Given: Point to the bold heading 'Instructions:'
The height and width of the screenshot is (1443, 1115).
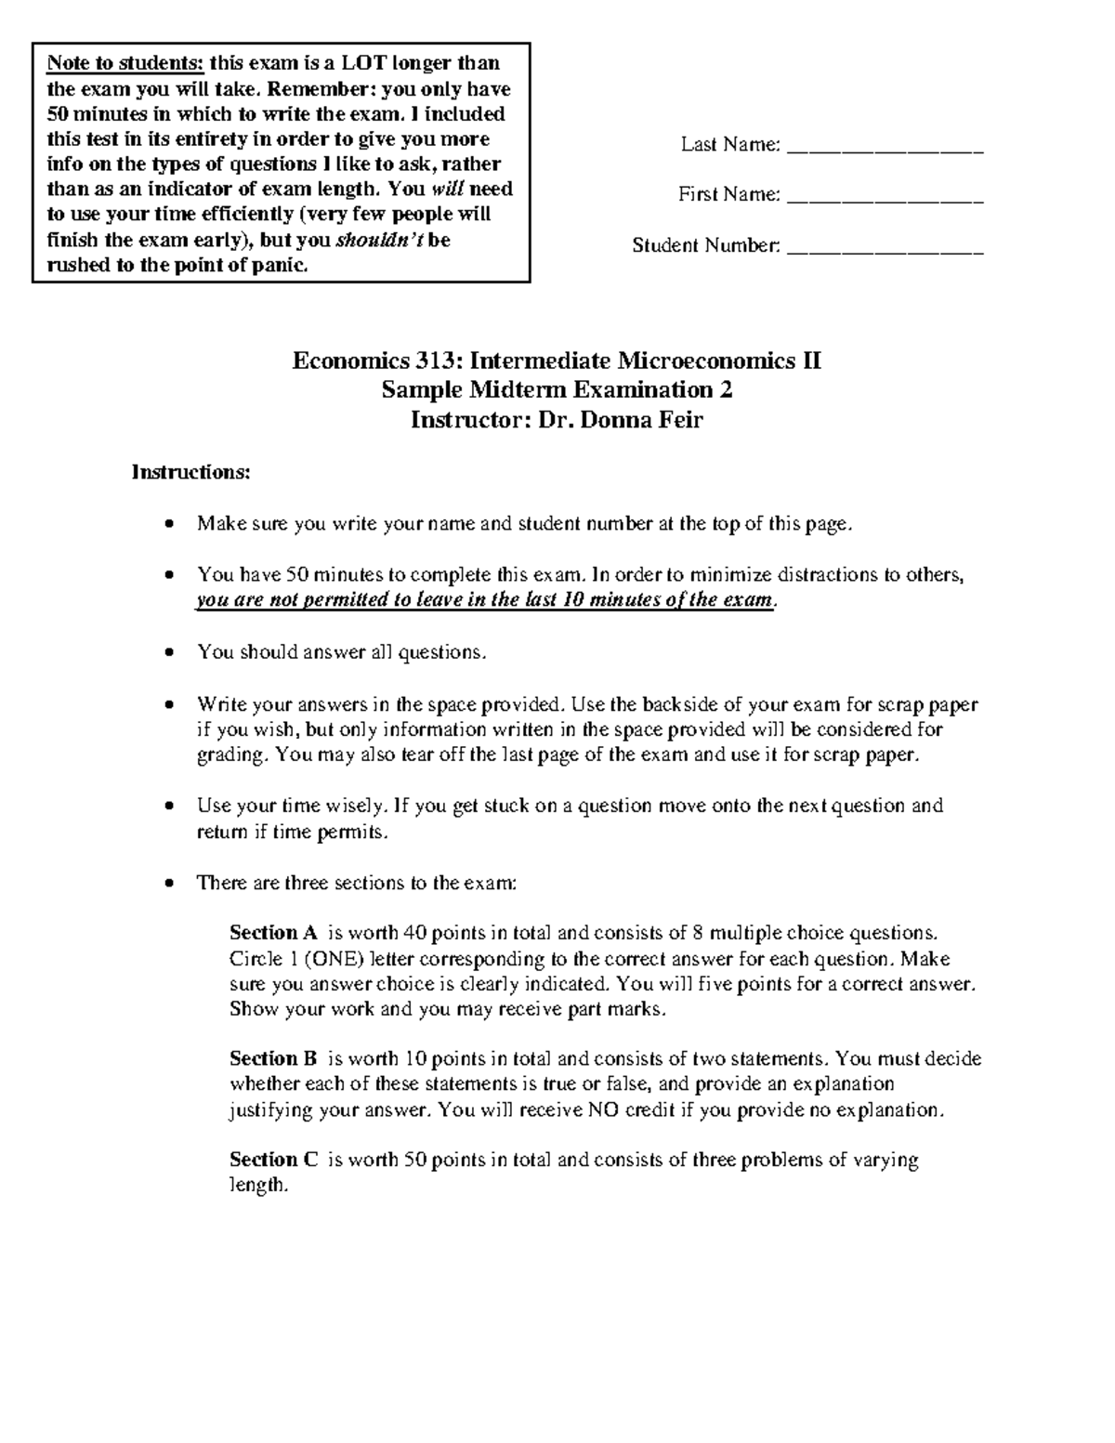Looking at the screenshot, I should pos(190,472).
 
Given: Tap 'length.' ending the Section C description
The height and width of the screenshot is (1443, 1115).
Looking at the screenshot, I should pos(259,1186).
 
